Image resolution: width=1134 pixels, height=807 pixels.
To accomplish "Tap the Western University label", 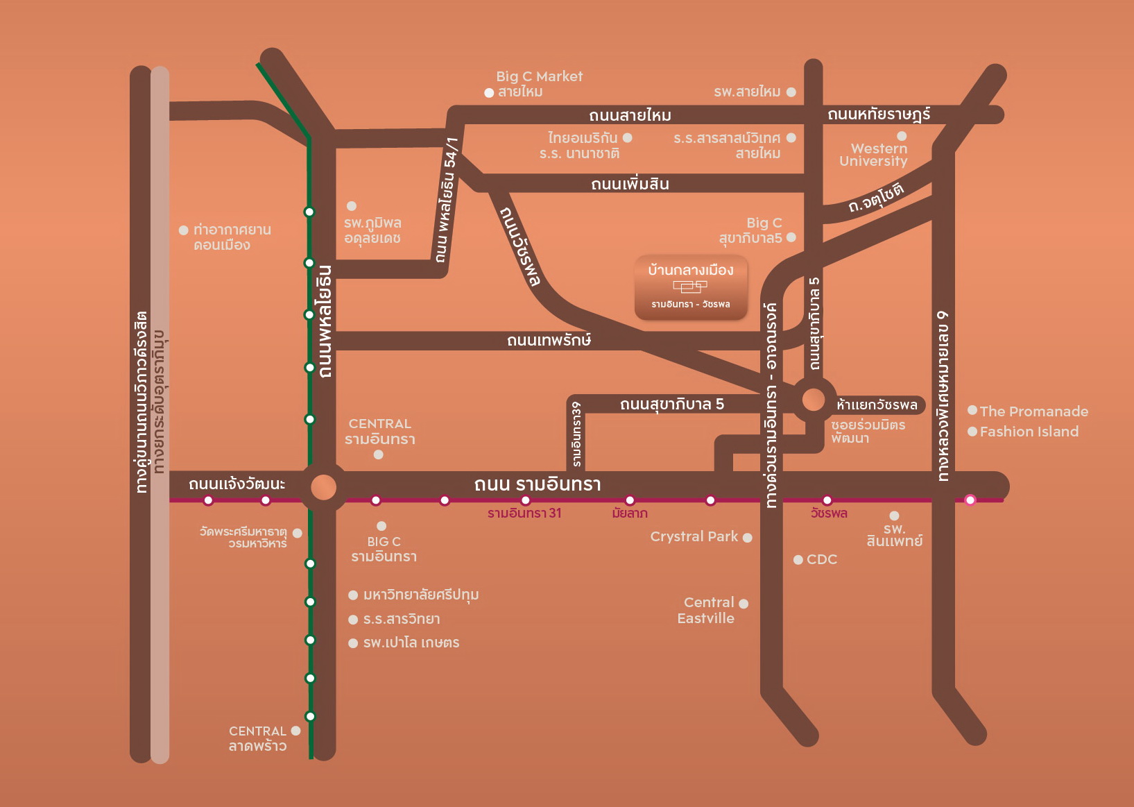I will [x=874, y=155].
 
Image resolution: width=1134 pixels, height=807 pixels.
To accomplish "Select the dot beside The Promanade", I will [x=972, y=410].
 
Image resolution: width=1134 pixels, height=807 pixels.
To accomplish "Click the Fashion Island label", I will [x=1029, y=432].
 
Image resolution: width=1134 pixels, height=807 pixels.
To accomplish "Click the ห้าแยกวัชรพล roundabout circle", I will [x=813, y=400].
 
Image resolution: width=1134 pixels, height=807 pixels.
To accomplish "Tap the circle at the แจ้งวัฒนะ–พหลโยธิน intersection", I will [x=323, y=487].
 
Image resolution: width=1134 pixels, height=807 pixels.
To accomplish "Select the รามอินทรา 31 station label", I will [x=524, y=513].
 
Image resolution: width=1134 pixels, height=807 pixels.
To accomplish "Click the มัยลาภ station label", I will [x=630, y=513].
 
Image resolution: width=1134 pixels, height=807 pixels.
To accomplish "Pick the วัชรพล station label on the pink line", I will [x=829, y=513].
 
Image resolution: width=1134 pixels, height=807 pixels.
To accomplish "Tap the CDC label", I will [x=822, y=559].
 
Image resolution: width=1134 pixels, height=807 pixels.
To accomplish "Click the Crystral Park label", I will [x=694, y=536].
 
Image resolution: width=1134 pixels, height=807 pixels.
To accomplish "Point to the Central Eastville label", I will [x=706, y=611].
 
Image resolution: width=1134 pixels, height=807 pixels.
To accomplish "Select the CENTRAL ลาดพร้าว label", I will [x=258, y=738].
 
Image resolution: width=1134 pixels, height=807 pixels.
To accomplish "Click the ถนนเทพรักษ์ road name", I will [x=549, y=340].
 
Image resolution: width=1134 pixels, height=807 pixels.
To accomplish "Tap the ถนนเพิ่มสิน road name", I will [x=630, y=184].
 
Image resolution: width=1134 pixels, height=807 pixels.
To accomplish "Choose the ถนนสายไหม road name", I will [x=630, y=115].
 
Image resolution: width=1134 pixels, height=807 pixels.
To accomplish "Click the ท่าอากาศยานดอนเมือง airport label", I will [x=232, y=237].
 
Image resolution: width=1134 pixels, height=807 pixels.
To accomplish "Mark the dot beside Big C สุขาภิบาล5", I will [x=791, y=237].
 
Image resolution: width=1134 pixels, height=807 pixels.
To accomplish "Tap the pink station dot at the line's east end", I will [x=970, y=500].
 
